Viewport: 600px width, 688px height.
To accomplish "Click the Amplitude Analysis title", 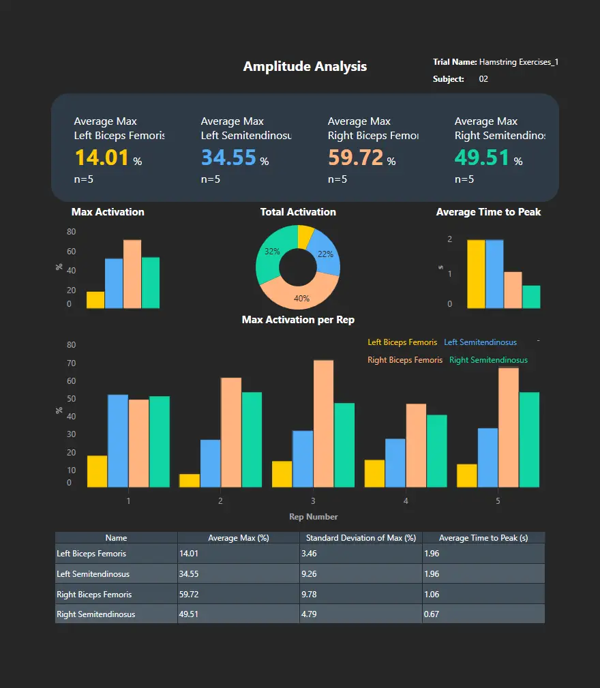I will (305, 66).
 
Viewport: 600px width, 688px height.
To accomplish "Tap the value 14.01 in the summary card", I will (102, 158).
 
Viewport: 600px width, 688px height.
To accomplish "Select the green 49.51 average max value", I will (482, 158).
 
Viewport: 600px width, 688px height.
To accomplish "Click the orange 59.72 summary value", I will (355, 158).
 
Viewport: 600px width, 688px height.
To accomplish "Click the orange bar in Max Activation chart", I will (132, 274).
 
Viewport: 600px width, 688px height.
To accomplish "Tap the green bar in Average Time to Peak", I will (531, 297).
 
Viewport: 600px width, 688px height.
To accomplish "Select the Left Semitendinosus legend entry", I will (480, 342).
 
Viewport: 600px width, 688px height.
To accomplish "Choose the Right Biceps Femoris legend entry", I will (405, 360).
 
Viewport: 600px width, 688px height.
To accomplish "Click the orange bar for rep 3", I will (323, 423).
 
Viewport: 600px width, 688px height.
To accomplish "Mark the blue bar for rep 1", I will (118, 441).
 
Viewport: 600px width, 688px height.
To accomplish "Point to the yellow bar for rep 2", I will (190, 481).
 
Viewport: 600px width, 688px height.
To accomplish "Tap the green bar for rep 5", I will (529, 440).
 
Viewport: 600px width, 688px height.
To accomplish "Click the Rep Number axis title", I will (313, 517).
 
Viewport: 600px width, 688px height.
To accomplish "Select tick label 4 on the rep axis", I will (406, 501).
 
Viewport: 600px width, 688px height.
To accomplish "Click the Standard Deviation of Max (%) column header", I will (361, 538).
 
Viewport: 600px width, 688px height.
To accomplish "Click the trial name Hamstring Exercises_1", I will (519, 62).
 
